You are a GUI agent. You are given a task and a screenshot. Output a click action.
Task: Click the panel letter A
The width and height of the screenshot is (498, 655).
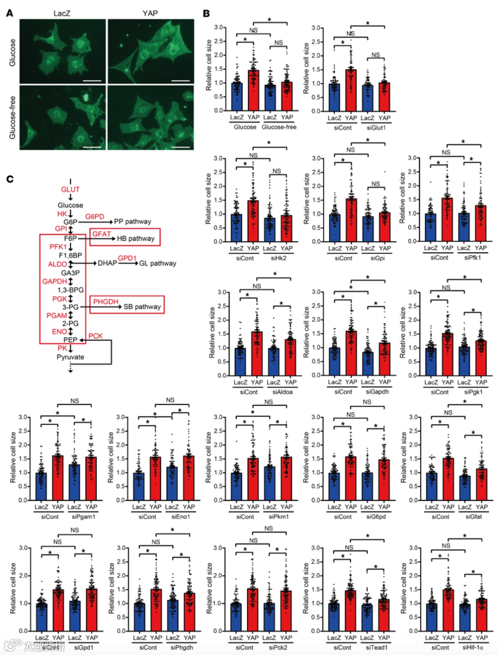10,13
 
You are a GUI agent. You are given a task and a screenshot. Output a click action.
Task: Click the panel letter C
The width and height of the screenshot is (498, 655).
10,179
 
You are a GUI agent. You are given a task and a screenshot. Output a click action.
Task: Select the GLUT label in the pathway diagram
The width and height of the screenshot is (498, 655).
70,190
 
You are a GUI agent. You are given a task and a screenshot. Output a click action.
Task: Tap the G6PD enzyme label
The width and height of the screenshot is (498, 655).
95,216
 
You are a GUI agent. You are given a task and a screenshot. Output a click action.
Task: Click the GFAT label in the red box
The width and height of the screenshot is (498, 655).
101,234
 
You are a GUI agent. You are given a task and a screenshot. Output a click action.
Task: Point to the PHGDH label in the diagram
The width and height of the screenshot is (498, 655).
106,302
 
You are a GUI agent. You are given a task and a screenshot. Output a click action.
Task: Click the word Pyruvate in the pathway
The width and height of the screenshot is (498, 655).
70,357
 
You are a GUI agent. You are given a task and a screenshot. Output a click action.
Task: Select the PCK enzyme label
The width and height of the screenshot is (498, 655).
95,336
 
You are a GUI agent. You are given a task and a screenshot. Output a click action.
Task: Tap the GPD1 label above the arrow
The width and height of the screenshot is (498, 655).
127,258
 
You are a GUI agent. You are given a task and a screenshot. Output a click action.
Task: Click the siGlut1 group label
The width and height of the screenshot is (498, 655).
376,128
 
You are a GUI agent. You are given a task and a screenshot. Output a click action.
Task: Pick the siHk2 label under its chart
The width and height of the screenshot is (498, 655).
278,258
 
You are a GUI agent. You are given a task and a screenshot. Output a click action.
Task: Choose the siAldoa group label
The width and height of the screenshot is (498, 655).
282,392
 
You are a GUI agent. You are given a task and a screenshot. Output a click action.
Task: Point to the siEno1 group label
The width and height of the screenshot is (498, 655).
180,517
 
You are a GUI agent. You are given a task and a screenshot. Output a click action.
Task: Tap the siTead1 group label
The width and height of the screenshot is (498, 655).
376,648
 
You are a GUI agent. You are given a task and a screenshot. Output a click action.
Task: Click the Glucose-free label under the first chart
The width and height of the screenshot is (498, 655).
279,127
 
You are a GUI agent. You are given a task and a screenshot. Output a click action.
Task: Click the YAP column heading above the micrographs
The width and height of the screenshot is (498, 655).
150,13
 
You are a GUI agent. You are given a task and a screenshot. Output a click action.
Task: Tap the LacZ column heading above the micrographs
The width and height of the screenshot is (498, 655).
62,13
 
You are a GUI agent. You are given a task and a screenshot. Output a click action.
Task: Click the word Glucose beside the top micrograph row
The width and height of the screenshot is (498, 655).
12,52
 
